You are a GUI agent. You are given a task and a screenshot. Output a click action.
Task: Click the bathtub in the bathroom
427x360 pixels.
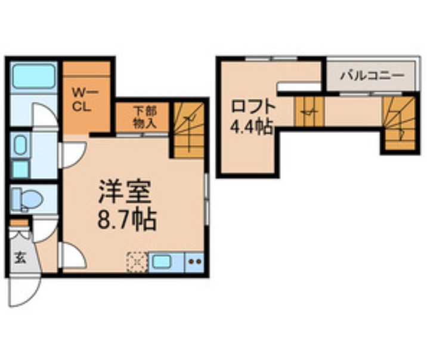[x=34, y=77]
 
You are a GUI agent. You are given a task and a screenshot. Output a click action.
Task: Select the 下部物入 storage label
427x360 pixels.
[x=144, y=117]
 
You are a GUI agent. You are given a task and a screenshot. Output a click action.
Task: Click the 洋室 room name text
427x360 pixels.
[x=126, y=193]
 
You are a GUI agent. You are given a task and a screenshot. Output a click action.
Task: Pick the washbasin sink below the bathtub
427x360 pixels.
[x=20, y=145]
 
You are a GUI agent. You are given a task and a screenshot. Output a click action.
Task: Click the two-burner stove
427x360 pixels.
[x=194, y=261]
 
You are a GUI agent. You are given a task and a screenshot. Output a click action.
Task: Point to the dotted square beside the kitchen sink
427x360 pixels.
[x=137, y=261]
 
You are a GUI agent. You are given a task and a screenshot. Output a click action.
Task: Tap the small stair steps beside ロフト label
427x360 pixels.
[x=309, y=111]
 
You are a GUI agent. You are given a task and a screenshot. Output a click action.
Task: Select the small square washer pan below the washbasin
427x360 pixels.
[x=20, y=169]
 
